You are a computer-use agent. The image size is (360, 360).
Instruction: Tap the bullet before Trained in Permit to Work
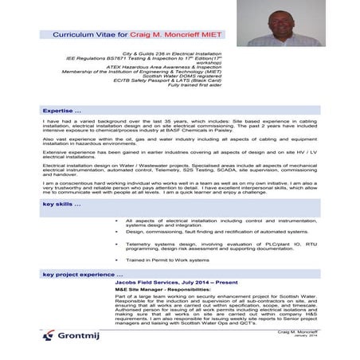point(116,260)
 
